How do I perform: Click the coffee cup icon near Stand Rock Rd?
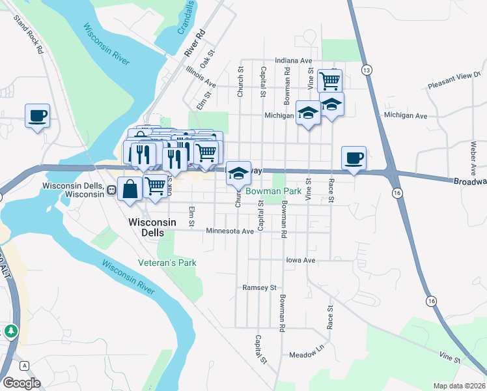click(x=37, y=116)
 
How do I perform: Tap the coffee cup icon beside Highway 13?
click(x=354, y=158)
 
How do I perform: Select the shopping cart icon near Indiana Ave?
click(x=330, y=81)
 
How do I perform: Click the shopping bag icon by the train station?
click(x=130, y=188)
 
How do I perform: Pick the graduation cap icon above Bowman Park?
click(x=239, y=173)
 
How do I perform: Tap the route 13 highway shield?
click(x=367, y=70)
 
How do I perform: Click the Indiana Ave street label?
click(x=293, y=60)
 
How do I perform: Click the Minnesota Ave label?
click(x=230, y=231)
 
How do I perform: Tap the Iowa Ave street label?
click(x=301, y=259)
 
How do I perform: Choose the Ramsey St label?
click(x=260, y=287)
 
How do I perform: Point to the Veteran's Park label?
click(x=167, y=263)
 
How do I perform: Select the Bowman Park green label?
click(x=274, y=192)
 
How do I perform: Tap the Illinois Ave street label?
click(x=200, y=76)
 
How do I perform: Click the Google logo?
click(x=21, y=383)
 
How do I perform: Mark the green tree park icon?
click(x=10, y=331)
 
